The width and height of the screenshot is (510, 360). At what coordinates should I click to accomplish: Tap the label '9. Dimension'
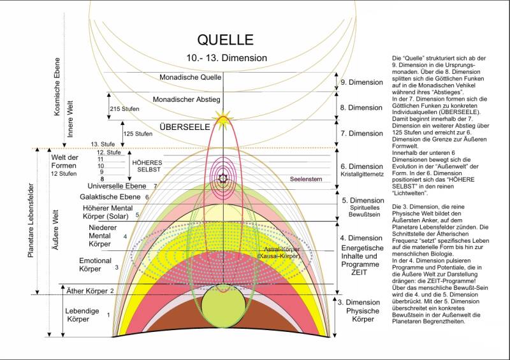[361, 82]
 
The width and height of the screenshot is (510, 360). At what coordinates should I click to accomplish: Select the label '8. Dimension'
[361, 108]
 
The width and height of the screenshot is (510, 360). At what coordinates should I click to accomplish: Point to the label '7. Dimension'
[361, 134]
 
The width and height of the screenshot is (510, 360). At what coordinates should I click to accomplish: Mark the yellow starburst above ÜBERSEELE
[223, 117]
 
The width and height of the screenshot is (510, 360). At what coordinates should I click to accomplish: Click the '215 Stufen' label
[125, 109]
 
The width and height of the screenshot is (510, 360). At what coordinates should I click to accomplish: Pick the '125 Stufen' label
[138, 134]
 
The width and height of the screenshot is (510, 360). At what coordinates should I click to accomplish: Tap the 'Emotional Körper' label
[95, 264]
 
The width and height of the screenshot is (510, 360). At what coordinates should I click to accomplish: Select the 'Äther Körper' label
[88, 291]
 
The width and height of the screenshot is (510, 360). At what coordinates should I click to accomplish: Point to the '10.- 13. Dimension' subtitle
[223, 58]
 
